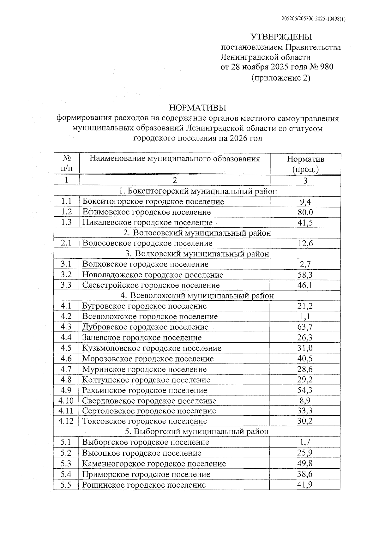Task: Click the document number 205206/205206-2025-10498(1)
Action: [x=313, y=19]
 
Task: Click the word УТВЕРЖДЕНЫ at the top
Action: [x=281, y=37]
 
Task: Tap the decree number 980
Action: [x=327, y=67]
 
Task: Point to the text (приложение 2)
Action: [x=281, y=78]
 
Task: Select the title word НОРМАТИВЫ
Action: [x=198, y=108]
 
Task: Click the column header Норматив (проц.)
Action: [x=305, y=164]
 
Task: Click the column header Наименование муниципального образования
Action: [x=175, y=159]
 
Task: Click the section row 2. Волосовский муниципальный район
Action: [x=197, y=233]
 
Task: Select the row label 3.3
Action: [x=66, y=285]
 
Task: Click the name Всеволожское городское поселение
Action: [x=150, y=316]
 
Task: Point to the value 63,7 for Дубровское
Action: [x=305, y=327]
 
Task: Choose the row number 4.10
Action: [x=66, y=401]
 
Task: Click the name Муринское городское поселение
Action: [x=144, y=369]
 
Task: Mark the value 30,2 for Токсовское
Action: [x=305, y=421]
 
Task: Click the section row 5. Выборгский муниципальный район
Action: [x=197, y=431]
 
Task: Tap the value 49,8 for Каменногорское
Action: [x=305, y=464]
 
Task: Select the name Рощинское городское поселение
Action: [x=144, y=485]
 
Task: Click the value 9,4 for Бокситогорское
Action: [x=305, y=202]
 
